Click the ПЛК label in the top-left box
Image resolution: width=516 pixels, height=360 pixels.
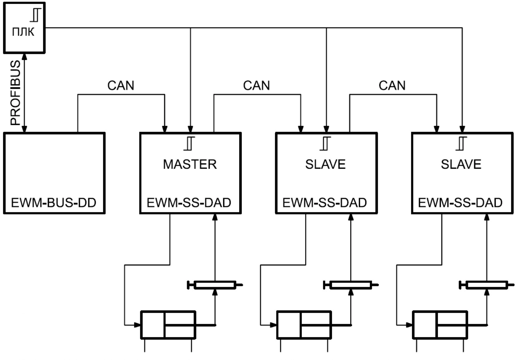coord(23,32)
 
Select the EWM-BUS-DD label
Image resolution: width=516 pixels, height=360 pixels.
coord(54,203)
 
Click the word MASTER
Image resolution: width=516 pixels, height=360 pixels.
coord(190,164)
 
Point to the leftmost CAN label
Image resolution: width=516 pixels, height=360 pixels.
coord(121,85)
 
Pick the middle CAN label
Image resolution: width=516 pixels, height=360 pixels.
coord(256,85)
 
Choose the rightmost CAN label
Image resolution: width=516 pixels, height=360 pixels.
coord(392,85)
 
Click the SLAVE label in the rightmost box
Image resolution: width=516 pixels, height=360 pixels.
coord(461,164)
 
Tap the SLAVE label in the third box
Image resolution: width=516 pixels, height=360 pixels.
coord(325,164)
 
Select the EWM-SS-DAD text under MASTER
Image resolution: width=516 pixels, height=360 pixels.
coord(189,203)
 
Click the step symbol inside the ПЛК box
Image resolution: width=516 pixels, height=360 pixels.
coord(36,15)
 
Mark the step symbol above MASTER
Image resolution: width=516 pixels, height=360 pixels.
coord(189,143)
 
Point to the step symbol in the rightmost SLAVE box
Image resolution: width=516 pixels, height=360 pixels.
coord(461,143)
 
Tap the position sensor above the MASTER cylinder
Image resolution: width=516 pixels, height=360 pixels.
coord(215,285)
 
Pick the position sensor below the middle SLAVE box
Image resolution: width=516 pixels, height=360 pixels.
coord(351,285)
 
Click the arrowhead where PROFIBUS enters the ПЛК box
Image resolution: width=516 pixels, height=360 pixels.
coord(24,57)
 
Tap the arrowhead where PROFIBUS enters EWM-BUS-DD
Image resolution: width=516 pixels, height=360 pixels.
coord(24,129)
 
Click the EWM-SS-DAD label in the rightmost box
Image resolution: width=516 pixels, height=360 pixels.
coord(460,203)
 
